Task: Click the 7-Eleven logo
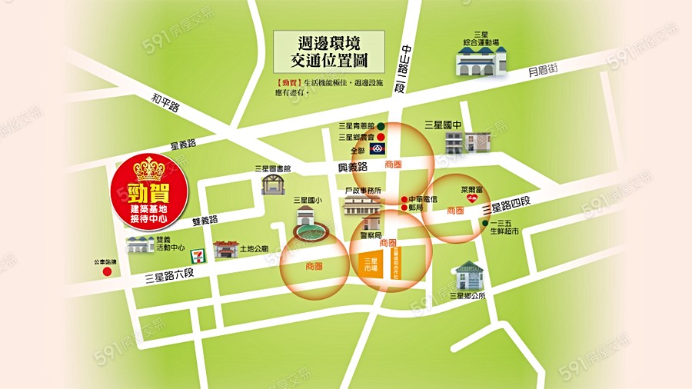pos(199,251)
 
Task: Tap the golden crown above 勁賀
pos(149,168)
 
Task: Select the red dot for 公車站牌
pos(107,271)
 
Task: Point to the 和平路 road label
pos(165,102)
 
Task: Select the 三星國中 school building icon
pos(467,141)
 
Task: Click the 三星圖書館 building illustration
pos(273,184)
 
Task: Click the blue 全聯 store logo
pos(378,148)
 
